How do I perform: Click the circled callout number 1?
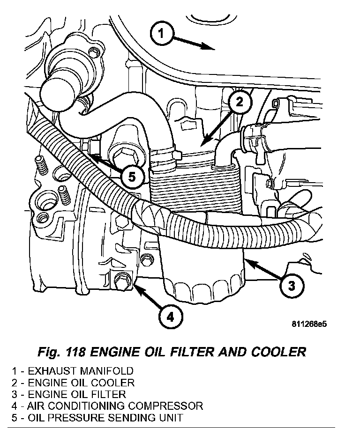tap(161, 34)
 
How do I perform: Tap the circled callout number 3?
tap(291, 285)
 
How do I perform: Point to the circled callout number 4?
tap(170, 317)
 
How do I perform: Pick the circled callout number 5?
tap(132, 177)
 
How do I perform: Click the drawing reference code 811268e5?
tap(307, 324)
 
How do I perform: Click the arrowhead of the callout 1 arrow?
tap(211, 47)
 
